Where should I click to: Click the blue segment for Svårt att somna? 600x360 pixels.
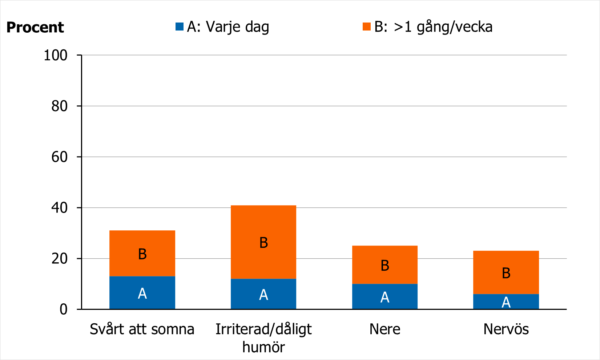(142, 293)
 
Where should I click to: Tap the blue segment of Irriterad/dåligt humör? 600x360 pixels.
(263, 294)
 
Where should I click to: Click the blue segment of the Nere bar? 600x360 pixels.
(385, 296)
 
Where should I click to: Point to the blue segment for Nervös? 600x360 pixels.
(506, 302)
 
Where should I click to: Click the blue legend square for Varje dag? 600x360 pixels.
(180, 27)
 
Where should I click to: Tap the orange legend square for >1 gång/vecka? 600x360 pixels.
(367, 27)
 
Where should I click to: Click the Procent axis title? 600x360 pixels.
(35, 27)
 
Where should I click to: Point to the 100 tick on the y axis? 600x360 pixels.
(56, 55)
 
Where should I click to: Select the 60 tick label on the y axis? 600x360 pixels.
(59, 157)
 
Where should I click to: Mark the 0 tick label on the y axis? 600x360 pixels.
(64, 309)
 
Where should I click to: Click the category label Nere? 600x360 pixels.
(385, 329)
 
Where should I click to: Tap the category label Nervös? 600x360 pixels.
(506, 329)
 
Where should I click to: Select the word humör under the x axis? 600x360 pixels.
(263, 347)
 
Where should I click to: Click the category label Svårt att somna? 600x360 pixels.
(142, 329)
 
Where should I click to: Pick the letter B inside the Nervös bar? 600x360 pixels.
(506, 273)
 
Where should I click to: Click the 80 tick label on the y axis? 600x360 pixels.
(59, 106)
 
